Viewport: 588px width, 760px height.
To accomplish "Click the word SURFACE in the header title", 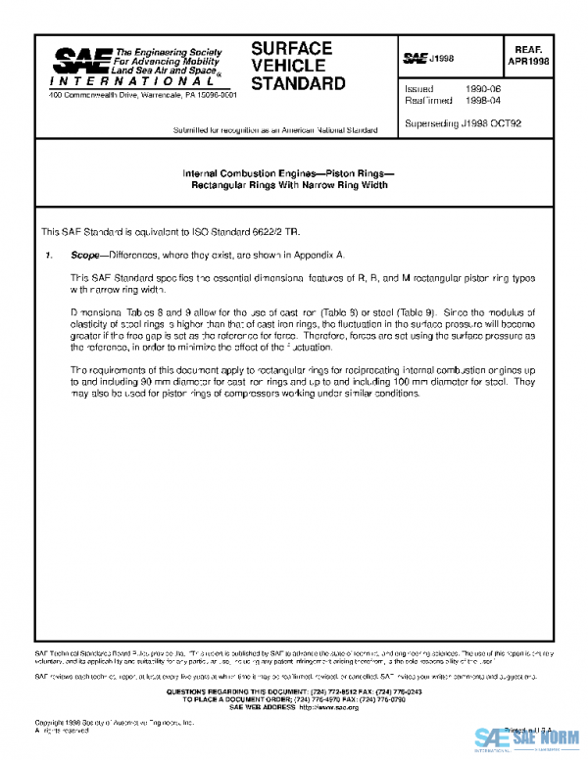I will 291,48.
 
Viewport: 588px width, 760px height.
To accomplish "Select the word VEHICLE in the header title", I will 287,66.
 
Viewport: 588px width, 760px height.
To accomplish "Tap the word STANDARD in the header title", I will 298,83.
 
